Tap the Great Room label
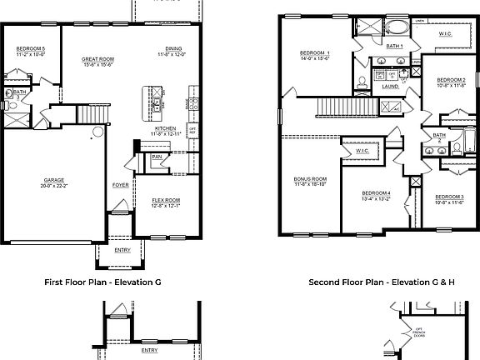pyautogui.click(x=97, y=58)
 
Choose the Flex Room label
pyautogui.click(x=166, y=200)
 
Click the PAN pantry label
pyautogui.click(x=157, y=157)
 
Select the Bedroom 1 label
pyautogui.click(x=315, y=53)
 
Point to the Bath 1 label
pyautogui.click(x=395, y=46)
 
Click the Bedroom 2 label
pyautogui.click(x=450, y=80)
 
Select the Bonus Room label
pyautogui.click(x=309, y=179)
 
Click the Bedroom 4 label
pyautogui.click(x=376, y=193)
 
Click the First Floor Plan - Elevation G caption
pyautogui.click(x=102, y=282)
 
